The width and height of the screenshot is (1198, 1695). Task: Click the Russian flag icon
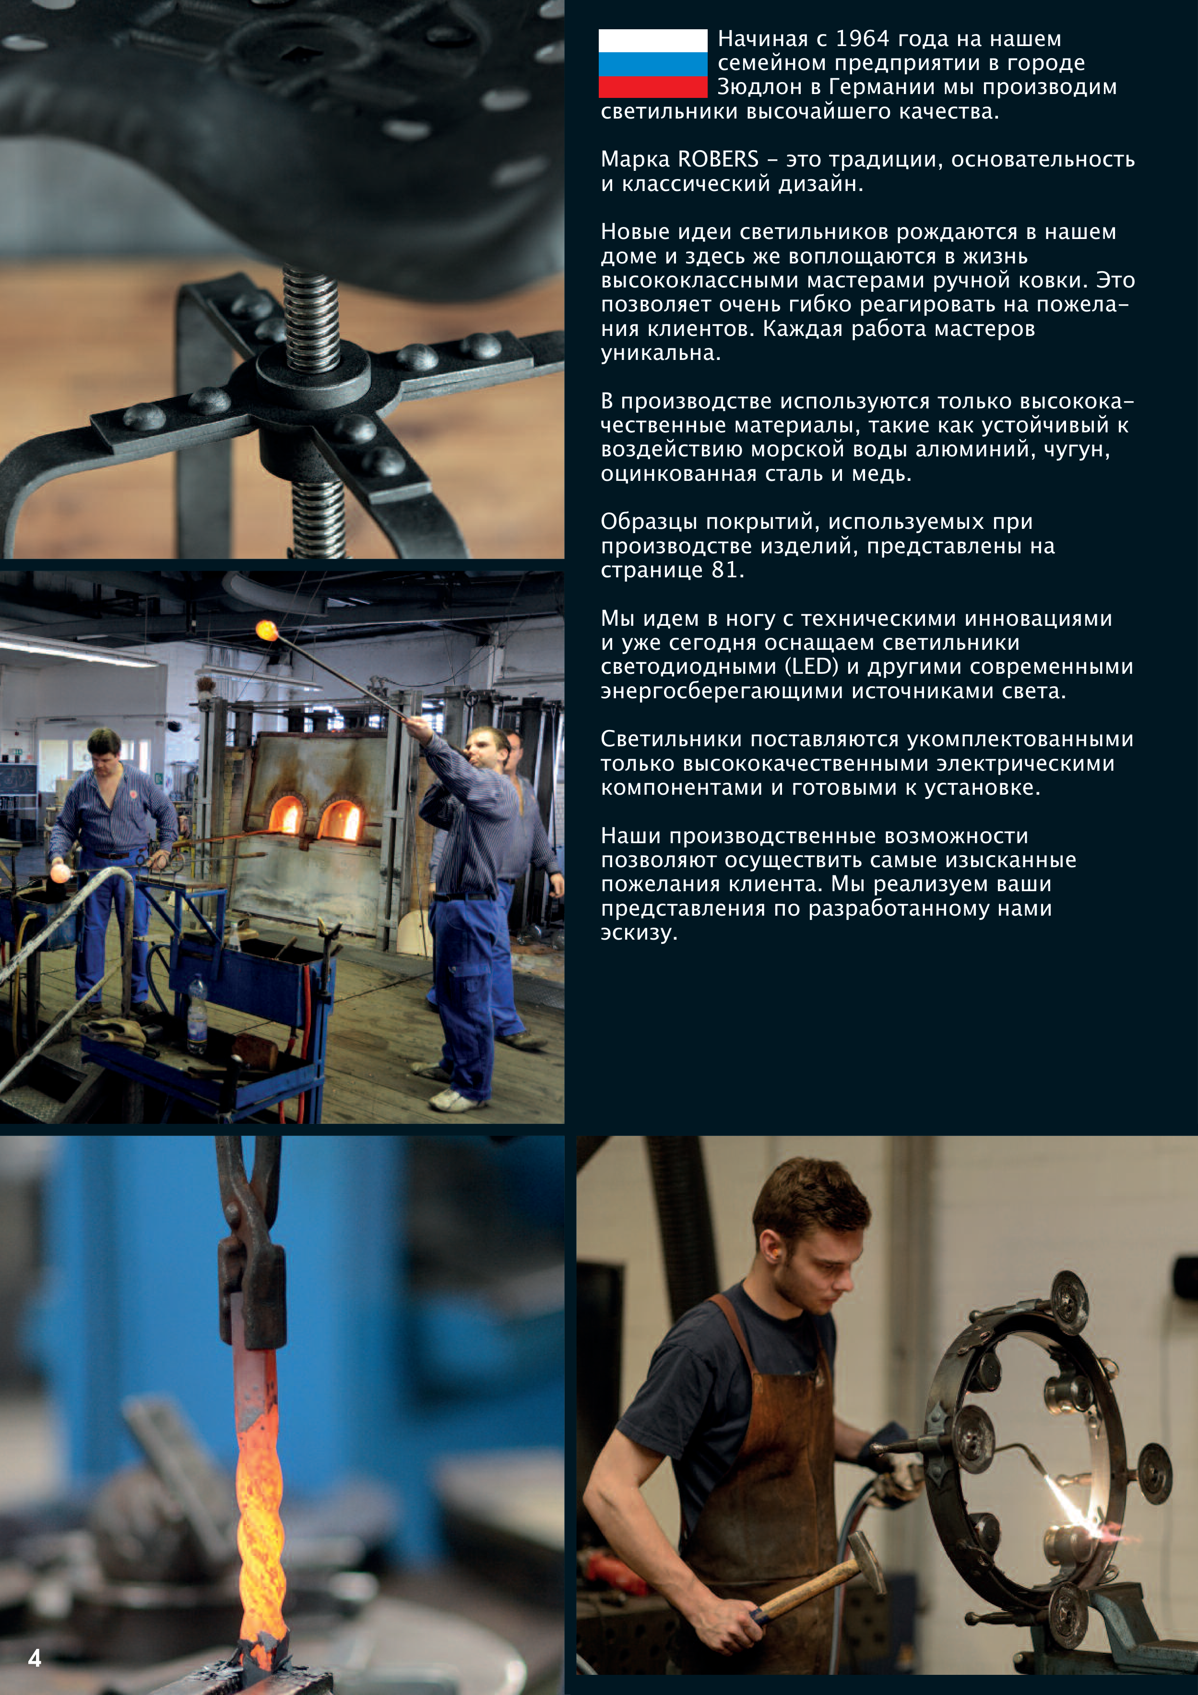point(652,63)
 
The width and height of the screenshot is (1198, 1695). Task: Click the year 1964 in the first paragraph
point(873,38)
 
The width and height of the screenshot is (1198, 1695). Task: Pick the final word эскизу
point(639,932)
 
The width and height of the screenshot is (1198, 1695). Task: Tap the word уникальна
point(660,353)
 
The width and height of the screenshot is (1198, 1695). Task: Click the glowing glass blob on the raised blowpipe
point(266,631)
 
